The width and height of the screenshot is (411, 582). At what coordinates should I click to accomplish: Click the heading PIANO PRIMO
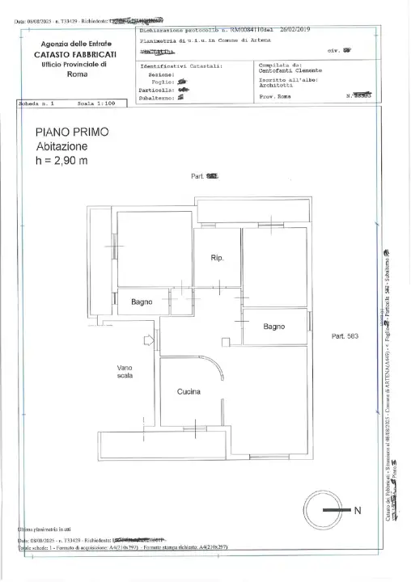(x=72, y=131)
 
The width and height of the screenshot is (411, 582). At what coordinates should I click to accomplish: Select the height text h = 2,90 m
(x=62, y=160)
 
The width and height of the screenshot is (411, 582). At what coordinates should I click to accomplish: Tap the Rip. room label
(x=216, y=258)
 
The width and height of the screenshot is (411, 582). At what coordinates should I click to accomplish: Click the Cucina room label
(x=189, y=392)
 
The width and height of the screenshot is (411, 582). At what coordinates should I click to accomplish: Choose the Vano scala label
(x=125, y=372)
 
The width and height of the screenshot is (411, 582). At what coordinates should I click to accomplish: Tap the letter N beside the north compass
(x=358, y=511)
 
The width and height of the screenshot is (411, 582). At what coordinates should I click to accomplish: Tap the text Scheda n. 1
(x=35, y=104)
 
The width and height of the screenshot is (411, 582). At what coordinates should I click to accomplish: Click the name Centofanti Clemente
(x=288, y=70)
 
